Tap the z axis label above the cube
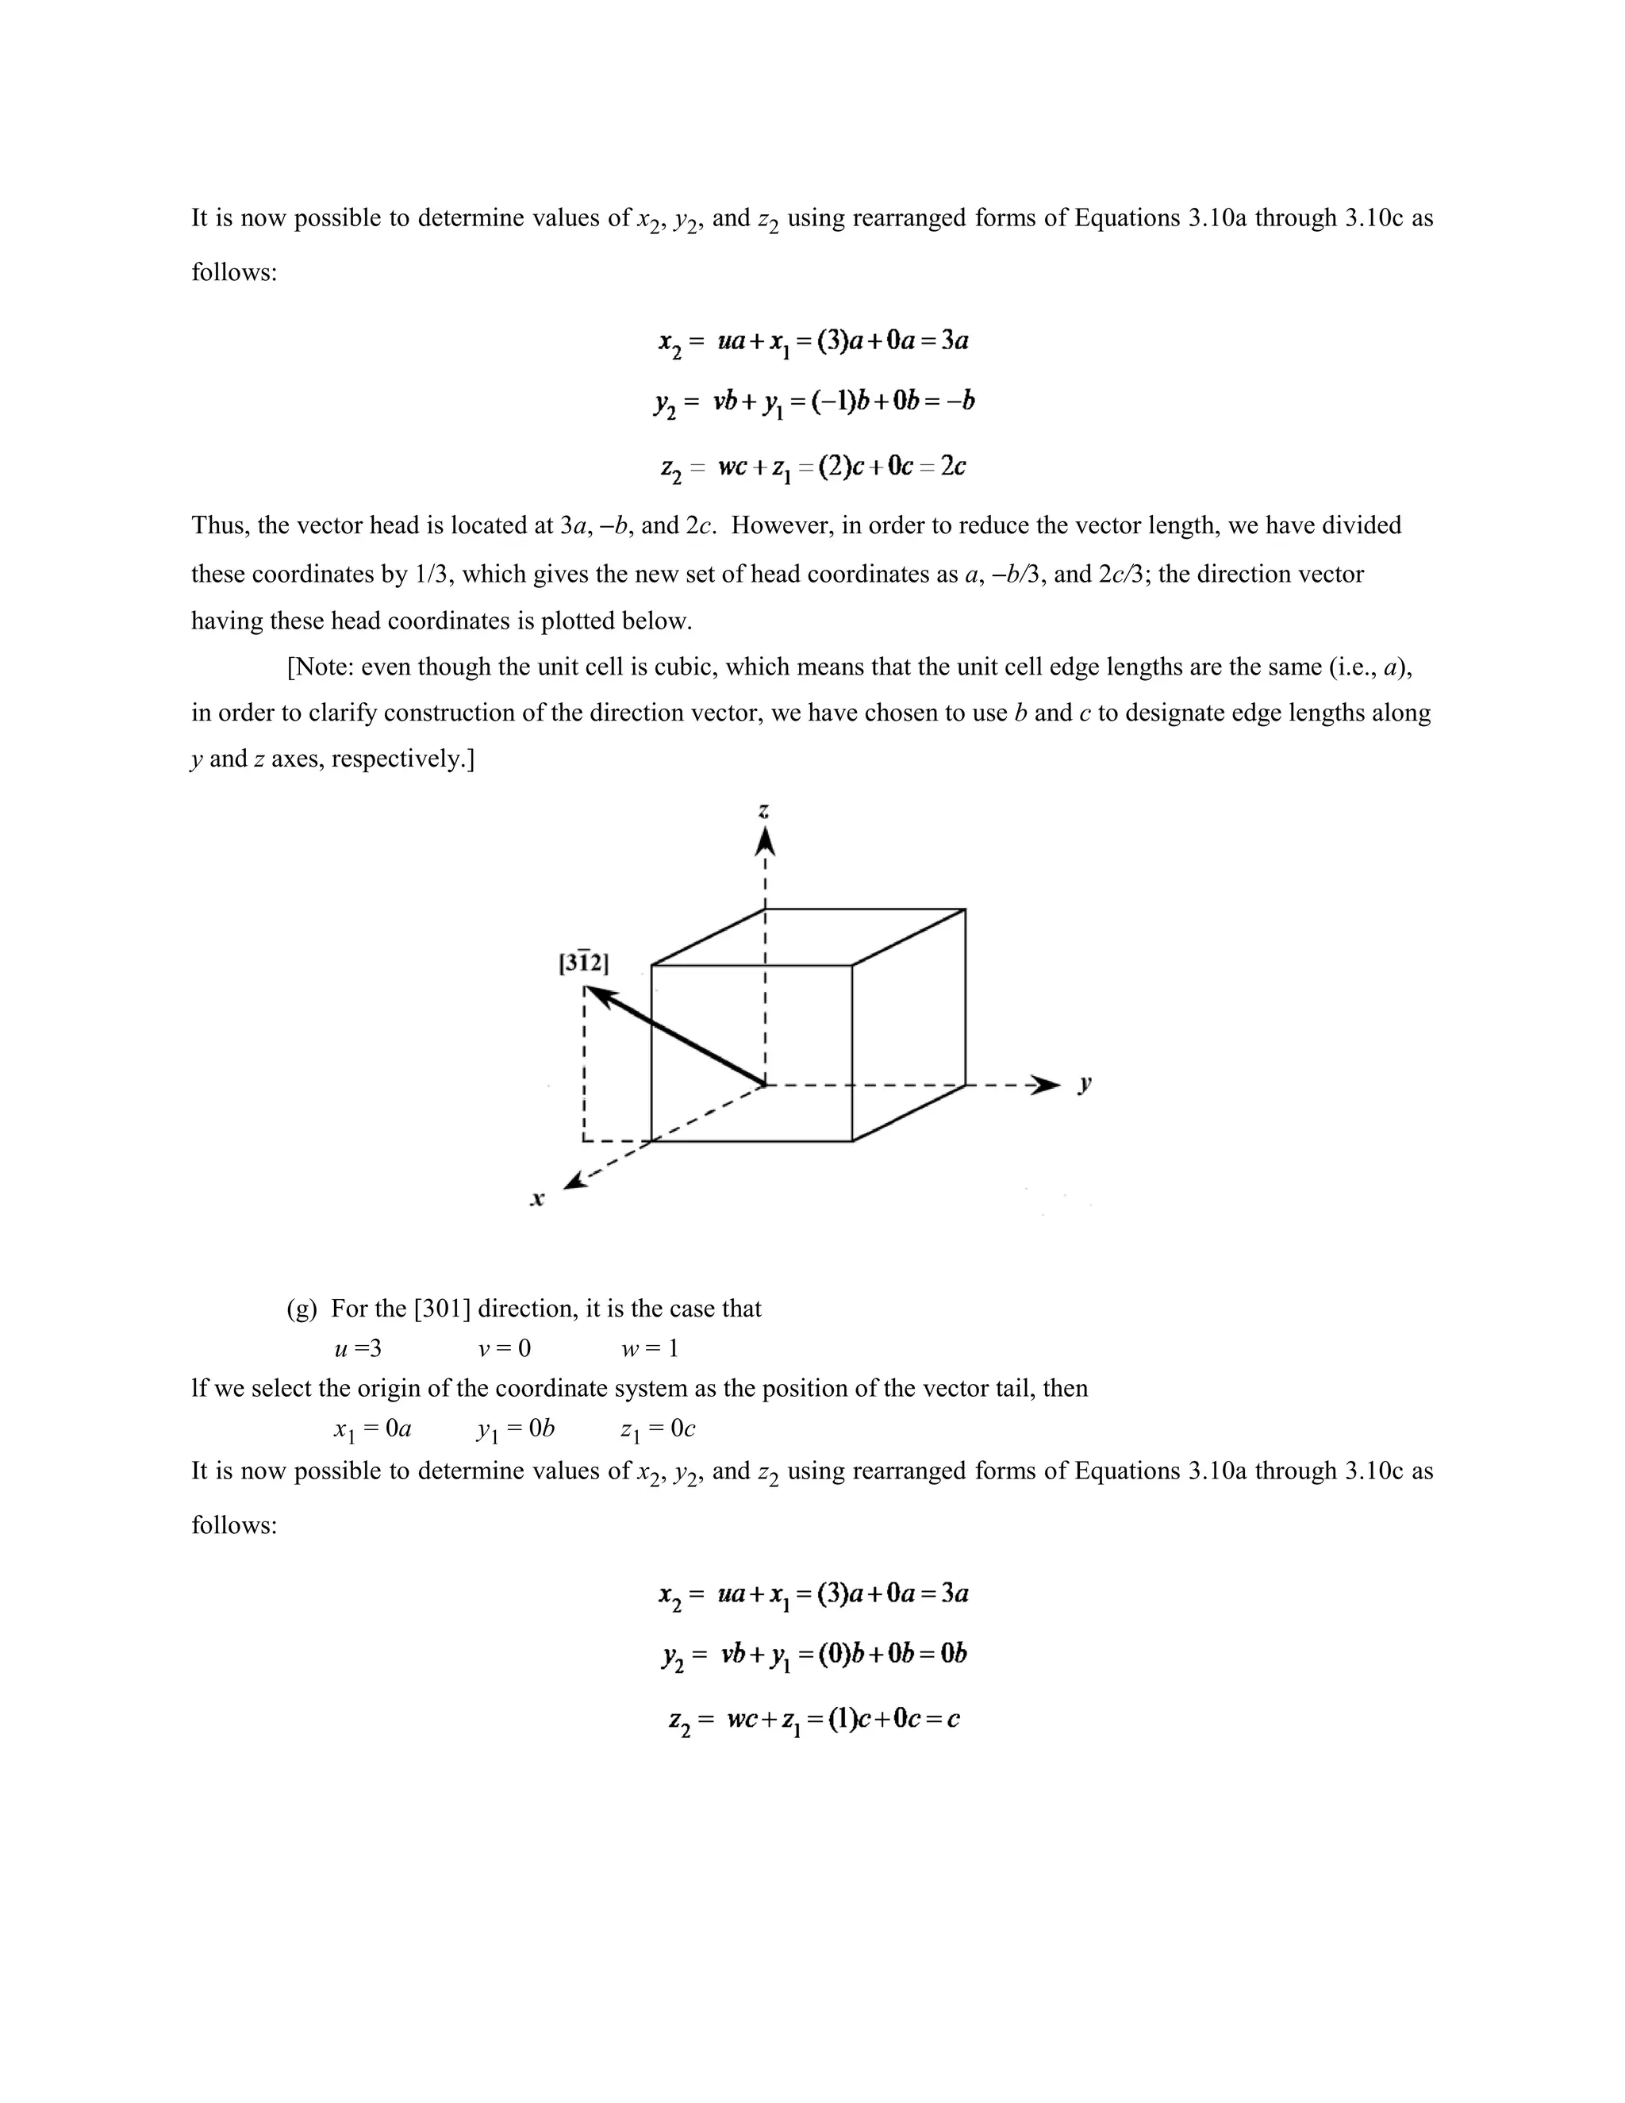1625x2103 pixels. (764, 812)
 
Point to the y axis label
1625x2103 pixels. (1085, 1084)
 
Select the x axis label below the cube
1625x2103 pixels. (537, 1199)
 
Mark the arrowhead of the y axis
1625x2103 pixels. (1043, 1084)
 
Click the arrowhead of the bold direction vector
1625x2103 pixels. (597, 996)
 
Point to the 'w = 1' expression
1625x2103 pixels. (650, 1349)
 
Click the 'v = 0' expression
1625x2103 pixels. (505, 1349)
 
